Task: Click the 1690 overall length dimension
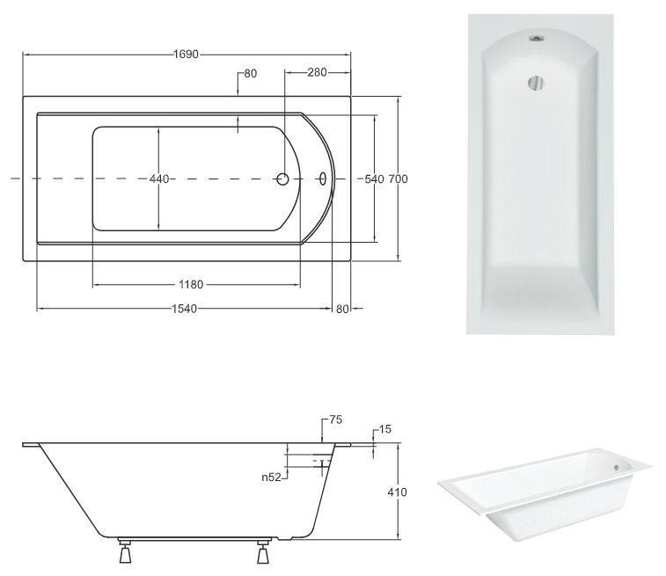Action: coord(186,55)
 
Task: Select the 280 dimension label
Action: coord(317,73)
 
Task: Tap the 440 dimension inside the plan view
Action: coord(159,179)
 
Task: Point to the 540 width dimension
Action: coord(374,179)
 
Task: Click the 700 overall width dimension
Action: coord(398,179)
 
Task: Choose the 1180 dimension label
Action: coord(191,284)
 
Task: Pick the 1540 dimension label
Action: coord(185,309)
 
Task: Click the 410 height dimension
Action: coord(397,492)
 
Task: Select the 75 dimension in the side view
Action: coord(335,419)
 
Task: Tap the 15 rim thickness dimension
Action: coord(384,429)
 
